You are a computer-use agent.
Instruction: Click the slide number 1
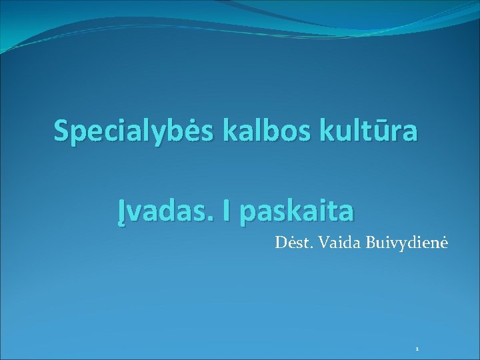417,349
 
